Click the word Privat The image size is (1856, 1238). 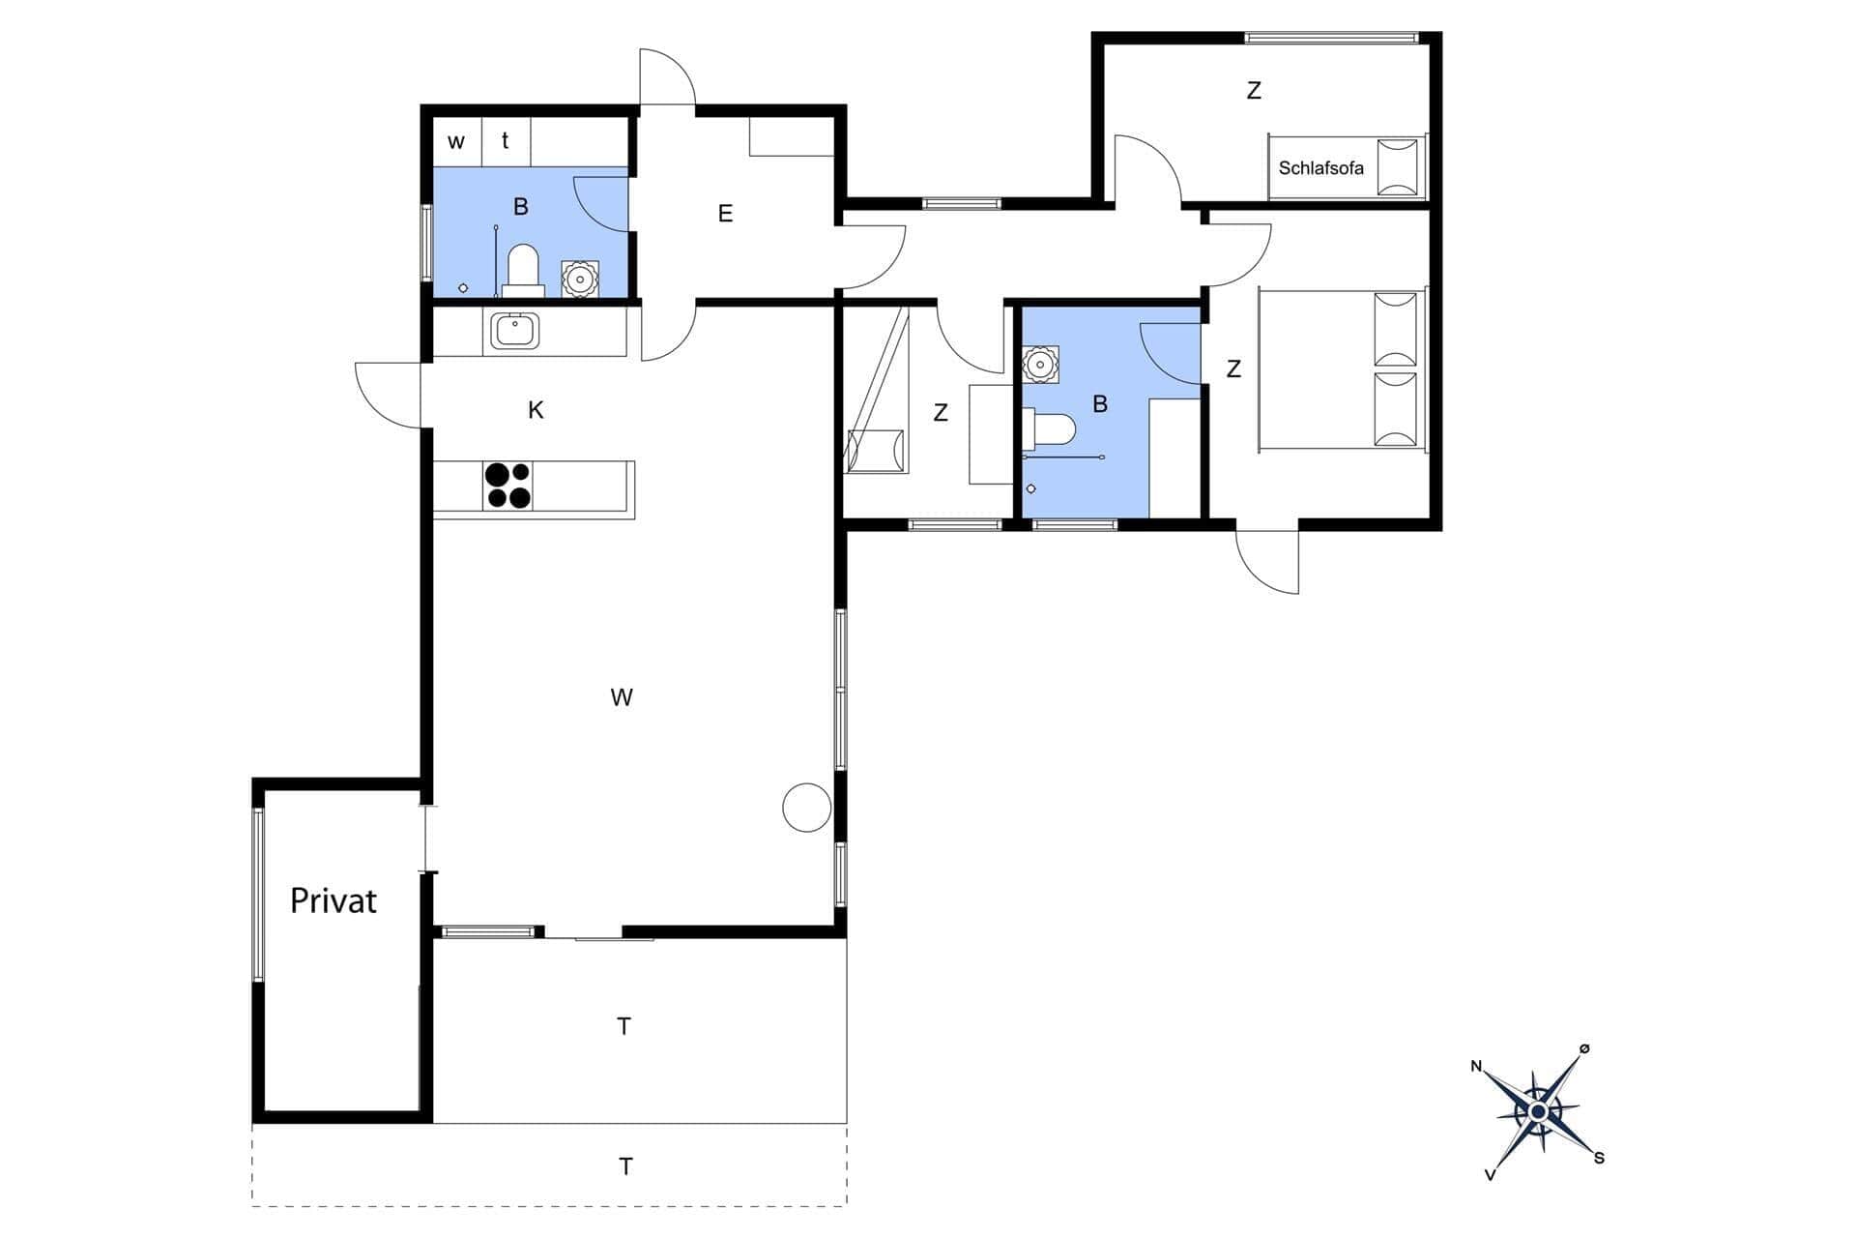click(333, 901)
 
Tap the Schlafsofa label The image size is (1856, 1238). click(1320, 168)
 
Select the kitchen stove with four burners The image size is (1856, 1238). click(507, 486)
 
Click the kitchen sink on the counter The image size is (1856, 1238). click(514, 332)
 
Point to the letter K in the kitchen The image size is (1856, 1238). click(536, 410)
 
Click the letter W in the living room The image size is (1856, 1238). click(622, 697)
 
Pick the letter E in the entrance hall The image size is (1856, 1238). click(725, 214)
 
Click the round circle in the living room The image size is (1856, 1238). click(806, 807)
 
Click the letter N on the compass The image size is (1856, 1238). click(1476, 1066)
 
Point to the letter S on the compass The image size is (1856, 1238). click(1599, 1158)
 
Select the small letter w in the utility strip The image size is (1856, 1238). click(456, 142)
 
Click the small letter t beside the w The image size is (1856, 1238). click(505, 141)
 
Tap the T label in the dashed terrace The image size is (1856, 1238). click(625, 1166)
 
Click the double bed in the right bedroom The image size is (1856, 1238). click(1342, 368)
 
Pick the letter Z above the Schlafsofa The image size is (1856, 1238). click(1254, 91)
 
